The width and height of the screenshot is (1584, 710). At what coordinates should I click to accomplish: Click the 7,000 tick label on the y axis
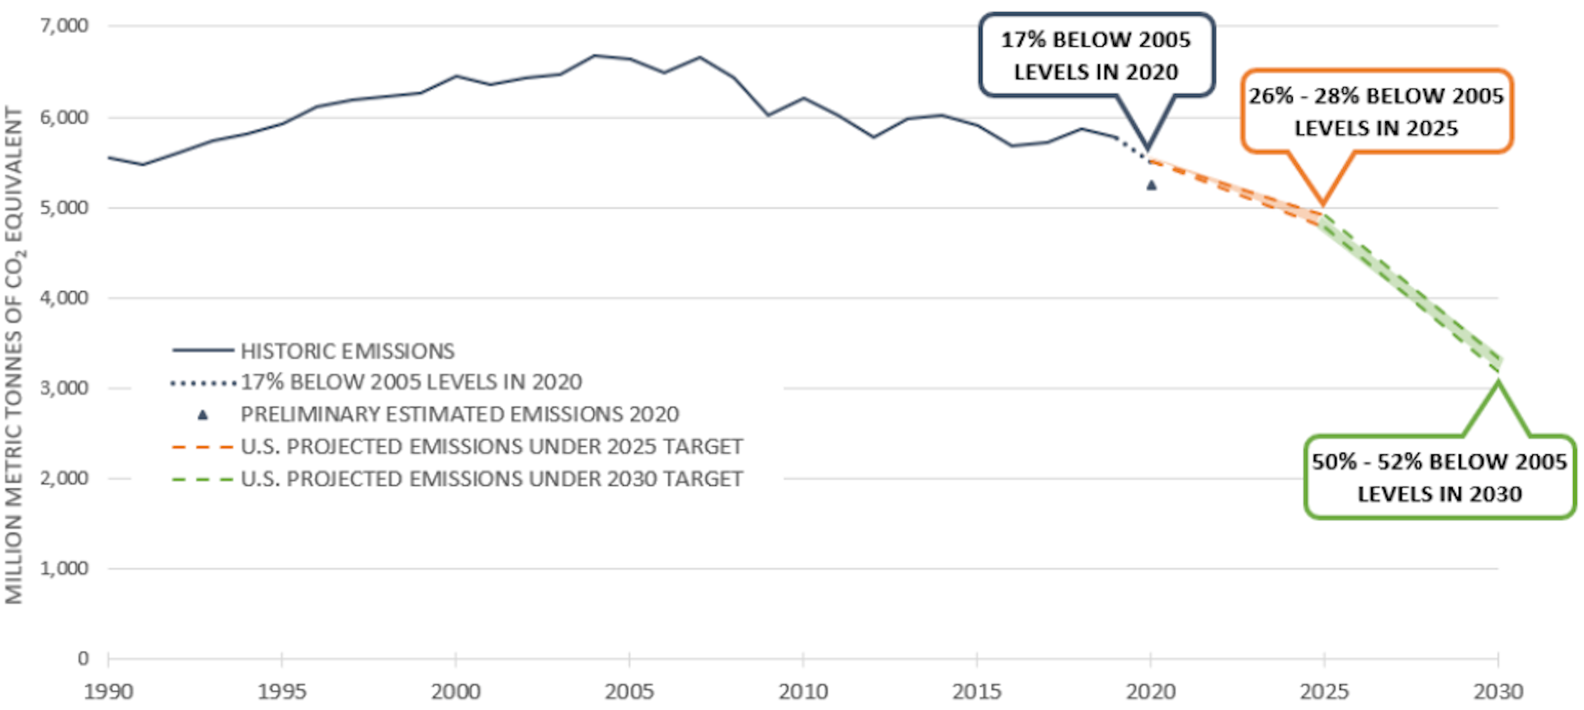pos(64,26)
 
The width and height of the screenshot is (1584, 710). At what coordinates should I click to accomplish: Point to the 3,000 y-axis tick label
pos(64,388)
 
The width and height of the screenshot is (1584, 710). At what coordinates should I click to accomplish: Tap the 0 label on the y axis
pos(82,658)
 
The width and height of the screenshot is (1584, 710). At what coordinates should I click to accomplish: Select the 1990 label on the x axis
pos(108,691)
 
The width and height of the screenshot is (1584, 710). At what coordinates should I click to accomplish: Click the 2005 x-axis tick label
pos(629,691)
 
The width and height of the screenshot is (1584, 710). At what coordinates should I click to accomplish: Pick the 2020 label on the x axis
pos(1151,691)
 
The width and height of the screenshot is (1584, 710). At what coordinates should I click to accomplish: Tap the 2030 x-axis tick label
pos(1498,691)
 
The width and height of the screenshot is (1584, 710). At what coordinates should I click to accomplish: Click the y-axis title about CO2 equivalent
pos(15,355)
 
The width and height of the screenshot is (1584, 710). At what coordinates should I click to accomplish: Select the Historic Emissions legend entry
pos(347,351)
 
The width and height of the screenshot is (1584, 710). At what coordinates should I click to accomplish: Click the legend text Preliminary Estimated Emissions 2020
pos(460,414)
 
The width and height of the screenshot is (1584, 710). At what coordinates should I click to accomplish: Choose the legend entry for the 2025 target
pos(492,447)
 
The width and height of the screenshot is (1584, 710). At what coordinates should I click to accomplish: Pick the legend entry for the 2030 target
pos(492,479)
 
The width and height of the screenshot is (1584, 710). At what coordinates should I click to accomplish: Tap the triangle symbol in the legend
pos(203,415)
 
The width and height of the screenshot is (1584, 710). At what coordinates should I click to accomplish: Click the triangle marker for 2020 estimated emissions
pos(1151,186)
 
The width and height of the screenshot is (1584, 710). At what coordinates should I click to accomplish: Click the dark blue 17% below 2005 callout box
pos(1096,55)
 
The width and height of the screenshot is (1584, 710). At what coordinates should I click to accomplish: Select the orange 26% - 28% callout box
pos(1375,111)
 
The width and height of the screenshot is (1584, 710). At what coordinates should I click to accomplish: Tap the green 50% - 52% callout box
pos(1439,477)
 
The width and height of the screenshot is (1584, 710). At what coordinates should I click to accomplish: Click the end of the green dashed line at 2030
pos(1498,363)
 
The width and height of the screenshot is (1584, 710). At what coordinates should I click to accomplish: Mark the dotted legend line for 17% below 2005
pos(203,383)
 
